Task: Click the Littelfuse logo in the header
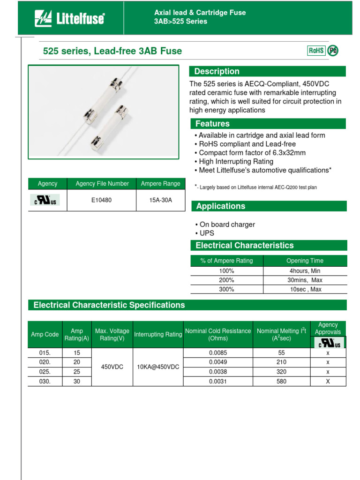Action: coord(69,19)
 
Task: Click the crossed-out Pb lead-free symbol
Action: coord(332,51)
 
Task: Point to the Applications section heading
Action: coord(220,206)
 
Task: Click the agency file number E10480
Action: coord(101,200)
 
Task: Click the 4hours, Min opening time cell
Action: coord(305,270)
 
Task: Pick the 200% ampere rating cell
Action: coord(226,280)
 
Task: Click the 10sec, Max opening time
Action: coord(305,289)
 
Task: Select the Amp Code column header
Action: coord(45,334)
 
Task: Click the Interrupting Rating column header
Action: coord(158,334)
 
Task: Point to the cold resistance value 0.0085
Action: coord(218,352)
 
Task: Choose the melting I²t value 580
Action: coord(281,382)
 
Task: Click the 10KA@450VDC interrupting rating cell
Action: coord(158,367)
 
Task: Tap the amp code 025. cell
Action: coord(45,372)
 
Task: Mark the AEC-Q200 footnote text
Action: coord(258,187)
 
